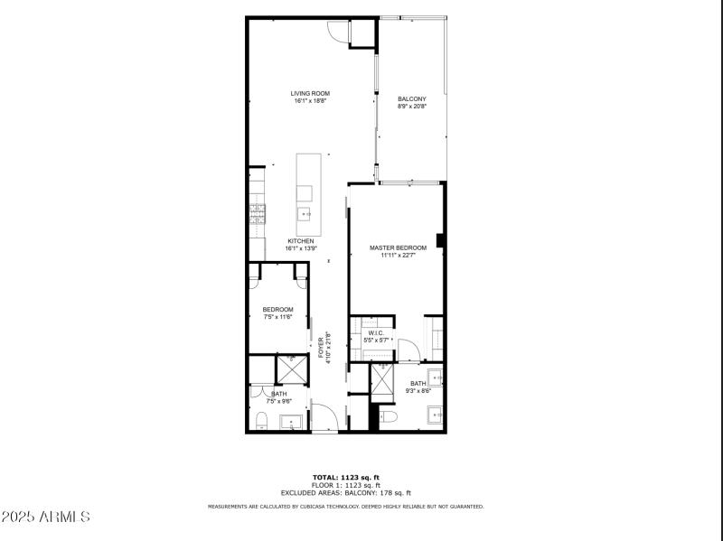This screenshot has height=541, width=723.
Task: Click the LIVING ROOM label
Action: pyautogui.click(x=310, y=93)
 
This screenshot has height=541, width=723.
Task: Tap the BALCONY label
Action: pyautogui.click(x=411, y=98)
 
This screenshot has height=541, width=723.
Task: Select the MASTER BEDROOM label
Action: pyautogui.click(x=398, y=247)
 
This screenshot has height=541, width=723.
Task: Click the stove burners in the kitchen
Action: pyautogui.click(x=258, y=213)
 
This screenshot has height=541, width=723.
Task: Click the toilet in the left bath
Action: pyautogui.click(x=261, y=420)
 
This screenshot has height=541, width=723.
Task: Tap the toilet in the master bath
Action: pyautogui.click(x=389, y=416)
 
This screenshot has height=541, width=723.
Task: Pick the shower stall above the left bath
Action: pyautogui.click(x=291, y=370)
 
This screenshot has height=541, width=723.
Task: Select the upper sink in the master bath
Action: pyautogui.click(x=434, y=378)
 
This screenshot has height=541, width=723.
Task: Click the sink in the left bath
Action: pyautogui.click(x=291, y=422)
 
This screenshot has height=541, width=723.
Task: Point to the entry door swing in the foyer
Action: pyautogui.click(x=325, y=418)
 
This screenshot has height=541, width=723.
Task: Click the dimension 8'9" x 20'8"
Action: pyautogui.click(x=411, y=107)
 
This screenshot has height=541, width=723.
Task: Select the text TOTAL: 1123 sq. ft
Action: pyautogui.click(x=346, y=477)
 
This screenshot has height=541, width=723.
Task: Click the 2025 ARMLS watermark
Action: pyautogui.click(x=47, y=518)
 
